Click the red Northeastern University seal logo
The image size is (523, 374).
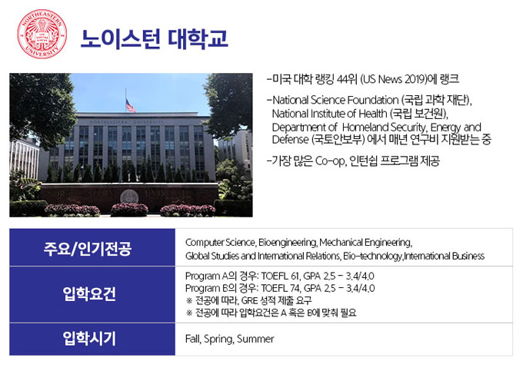point(42,34)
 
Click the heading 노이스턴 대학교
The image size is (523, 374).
point(155,39)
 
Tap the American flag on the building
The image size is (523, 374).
point(130,106)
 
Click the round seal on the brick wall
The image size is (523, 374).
point(129,197)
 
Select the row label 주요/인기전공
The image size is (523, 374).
point(88,249)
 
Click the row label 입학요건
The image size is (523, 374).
point(89,293)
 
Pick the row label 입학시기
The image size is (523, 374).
point(89,339)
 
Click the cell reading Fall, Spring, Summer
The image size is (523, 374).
point(229,339)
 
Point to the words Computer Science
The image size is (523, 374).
point(220,243)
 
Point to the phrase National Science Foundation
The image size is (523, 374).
point(335,100)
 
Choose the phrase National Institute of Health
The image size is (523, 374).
point(329,114)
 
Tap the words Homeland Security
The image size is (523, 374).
point(385,127)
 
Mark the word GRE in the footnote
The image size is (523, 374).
point(249,300)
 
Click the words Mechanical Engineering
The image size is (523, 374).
point(366,243)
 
